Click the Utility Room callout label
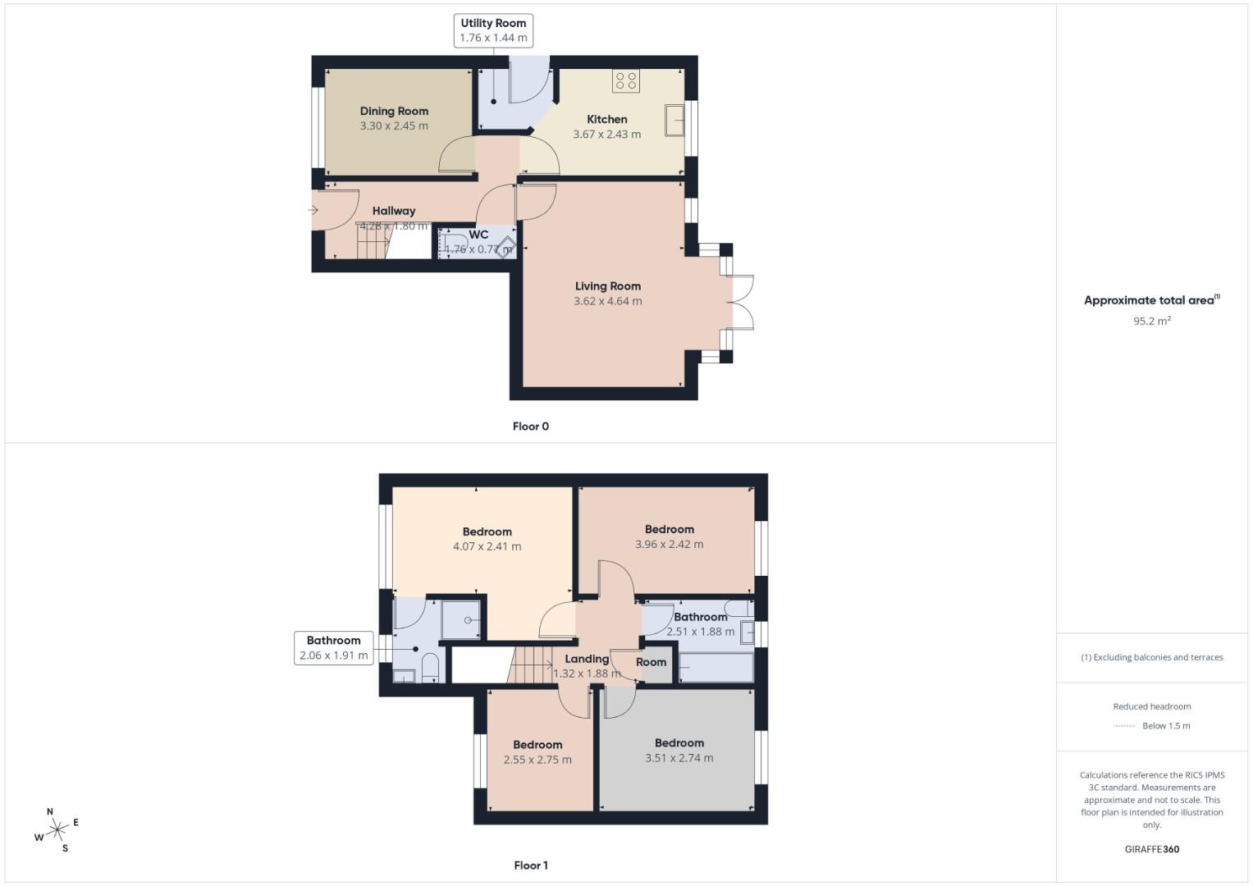(493, 30)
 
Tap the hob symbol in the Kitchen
(626, 80)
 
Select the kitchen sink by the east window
(675, 120)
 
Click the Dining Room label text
(394, 111)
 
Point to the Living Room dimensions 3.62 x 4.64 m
(607, 301)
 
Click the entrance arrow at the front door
(313, 210)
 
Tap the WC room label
(478, 235)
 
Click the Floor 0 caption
(530, 426)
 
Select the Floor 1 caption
(530, 865)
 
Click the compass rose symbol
(57, 831)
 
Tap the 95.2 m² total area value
(1151, 321)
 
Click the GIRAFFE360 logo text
(1151, 849)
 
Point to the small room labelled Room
(652, 662)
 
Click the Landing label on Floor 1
(587, 659)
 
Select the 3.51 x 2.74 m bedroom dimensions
(679, 758)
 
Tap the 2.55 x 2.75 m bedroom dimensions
(537, 760)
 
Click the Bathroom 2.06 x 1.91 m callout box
(333, 648)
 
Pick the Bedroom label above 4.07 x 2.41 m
(487, 532)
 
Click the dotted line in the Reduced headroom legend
(1124, 726)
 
